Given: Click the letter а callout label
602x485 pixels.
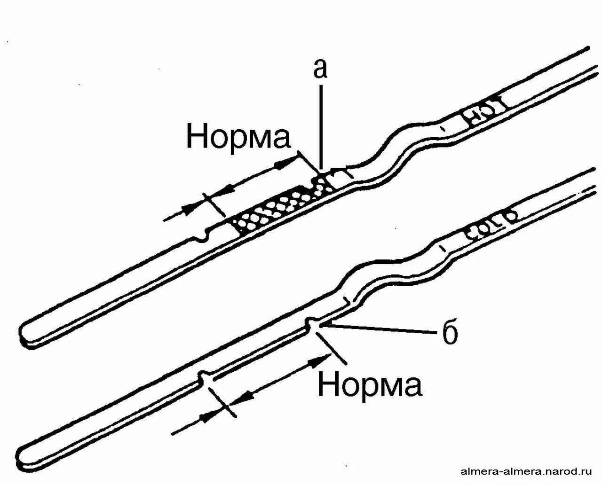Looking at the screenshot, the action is coord(320,69).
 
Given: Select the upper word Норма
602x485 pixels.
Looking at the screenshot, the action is coord(239,136).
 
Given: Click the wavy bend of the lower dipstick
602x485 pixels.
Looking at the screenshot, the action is coord(390,268).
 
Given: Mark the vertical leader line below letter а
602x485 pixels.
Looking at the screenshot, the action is coord(321,127).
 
